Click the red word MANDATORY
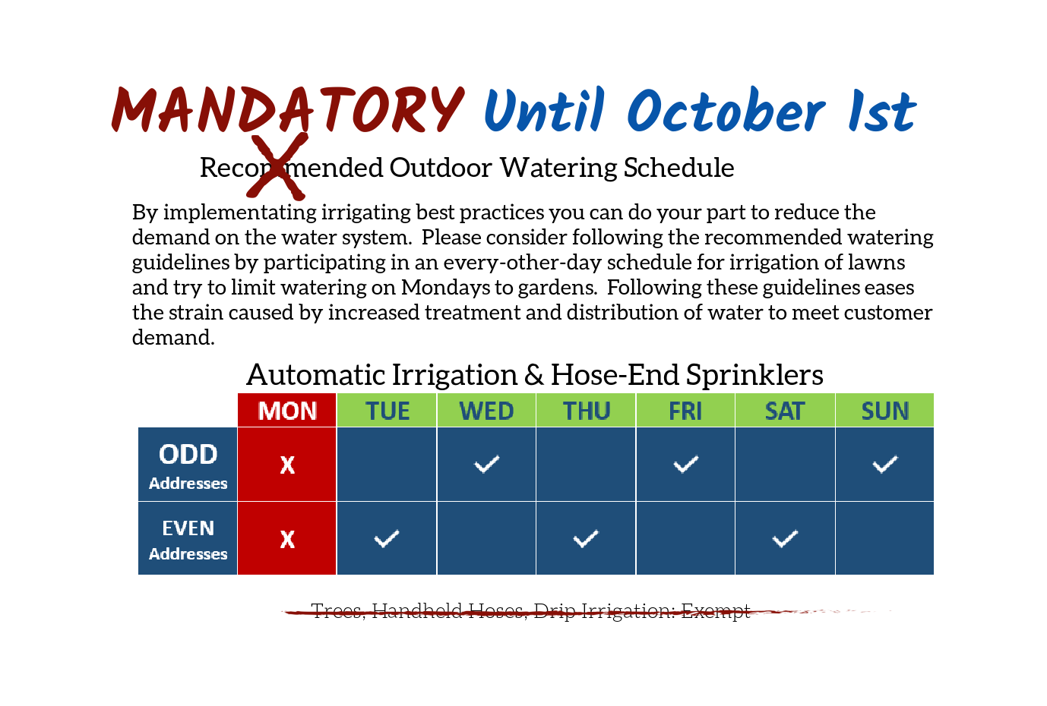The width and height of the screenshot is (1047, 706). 288,110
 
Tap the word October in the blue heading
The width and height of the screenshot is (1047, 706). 726,110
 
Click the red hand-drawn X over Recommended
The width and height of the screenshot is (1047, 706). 277,166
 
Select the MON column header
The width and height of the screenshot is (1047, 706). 287,411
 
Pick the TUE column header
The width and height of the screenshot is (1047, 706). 387,411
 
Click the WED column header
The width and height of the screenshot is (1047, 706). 486,411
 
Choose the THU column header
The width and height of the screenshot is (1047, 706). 586,411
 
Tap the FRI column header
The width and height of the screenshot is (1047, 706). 685,411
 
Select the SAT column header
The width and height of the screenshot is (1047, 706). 786,411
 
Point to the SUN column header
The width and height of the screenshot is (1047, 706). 885,411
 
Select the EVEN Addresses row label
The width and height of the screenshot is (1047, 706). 188,539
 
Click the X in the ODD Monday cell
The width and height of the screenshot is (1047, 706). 287,465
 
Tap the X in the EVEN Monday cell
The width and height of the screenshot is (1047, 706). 287,539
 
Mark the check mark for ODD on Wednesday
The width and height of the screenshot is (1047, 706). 486,464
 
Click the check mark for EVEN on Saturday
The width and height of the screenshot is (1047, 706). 786,538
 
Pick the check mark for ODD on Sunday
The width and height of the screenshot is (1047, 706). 885,464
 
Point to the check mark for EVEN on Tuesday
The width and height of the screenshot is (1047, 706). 387,538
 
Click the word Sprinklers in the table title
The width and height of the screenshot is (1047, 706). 754,376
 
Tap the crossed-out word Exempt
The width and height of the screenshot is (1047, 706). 716,611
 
